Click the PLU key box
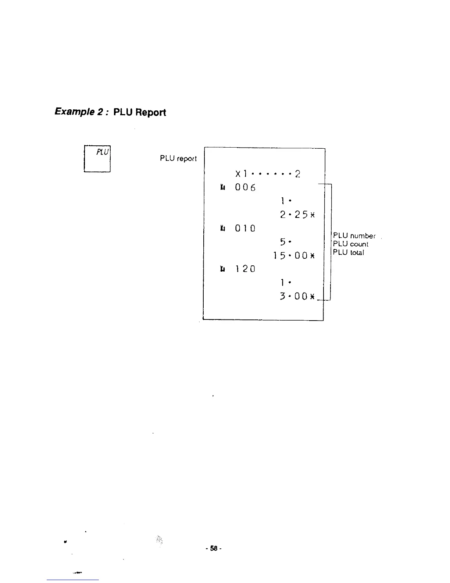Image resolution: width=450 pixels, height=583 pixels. pos(97,159)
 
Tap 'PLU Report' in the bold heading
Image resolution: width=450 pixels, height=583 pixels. pos(140,112)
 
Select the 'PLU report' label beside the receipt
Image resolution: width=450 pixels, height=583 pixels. pos(178,159)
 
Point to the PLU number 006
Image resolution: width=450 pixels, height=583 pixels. pos(245,188)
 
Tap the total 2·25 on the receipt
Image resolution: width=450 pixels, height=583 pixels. pos(294,215)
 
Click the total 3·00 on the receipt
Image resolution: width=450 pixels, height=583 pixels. pos(294,296)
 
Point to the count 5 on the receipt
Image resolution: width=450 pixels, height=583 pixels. pos(282,242)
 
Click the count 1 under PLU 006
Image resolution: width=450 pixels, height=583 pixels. pos(282,201)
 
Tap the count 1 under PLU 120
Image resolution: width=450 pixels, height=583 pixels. pos(282,283)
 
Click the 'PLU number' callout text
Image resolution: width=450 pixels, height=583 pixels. pos(354,236)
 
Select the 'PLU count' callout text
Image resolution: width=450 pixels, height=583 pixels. pos(350,244)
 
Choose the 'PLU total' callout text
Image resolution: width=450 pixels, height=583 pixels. pos(349,252)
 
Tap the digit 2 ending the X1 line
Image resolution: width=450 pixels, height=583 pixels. pos(297,174)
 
